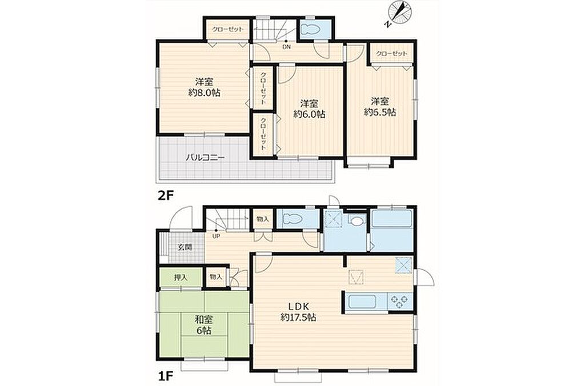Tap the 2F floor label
(x=166, y=195)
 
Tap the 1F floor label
(x=165, y=373)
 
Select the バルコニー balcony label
(x=206, y=158)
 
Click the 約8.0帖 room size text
(x=204, y=93)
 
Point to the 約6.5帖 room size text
(x=380, y=112)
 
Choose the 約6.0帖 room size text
(x=309, y=115)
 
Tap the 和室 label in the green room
(x=204, y=320)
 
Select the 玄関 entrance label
(x=185, y=247)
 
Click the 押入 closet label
(x=181, y=278)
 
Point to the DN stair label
(x=287, y=47)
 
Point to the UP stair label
(x=216, y=236)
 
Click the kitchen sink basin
(x=361, y=301)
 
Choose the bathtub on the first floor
(x=392, y=218)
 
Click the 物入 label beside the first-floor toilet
(x=263, y=219)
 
